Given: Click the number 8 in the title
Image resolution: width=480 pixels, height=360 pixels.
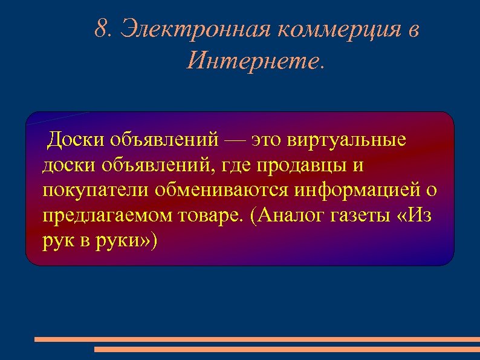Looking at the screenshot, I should [x=101, y=29].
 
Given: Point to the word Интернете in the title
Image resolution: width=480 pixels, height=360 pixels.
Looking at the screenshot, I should [x=253, y=61].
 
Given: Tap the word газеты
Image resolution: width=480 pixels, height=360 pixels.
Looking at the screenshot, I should [x=354, y=216].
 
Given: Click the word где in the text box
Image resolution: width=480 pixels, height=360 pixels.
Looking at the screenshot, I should [x=241, y=165].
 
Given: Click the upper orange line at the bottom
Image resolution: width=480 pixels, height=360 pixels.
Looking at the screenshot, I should [x=257, y=339].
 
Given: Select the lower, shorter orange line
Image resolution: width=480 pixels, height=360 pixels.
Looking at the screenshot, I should [x=287, y=349].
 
